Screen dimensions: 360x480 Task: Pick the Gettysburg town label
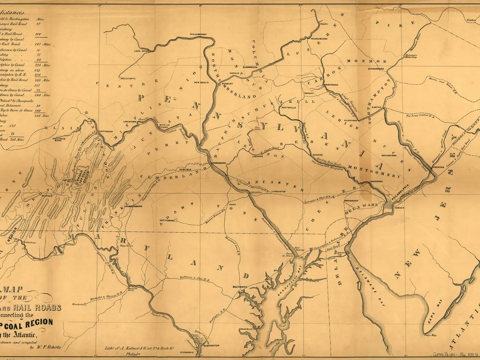click(x=168, y=221)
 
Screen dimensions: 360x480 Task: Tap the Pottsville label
click(x=289, y=107)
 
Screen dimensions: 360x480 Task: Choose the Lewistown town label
click(x=130, y=122)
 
